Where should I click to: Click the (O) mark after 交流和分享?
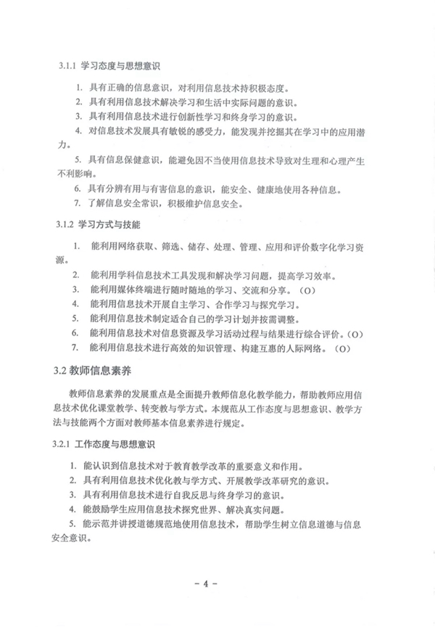tap(308, 292)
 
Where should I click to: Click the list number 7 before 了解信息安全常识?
tap(78, 204)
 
